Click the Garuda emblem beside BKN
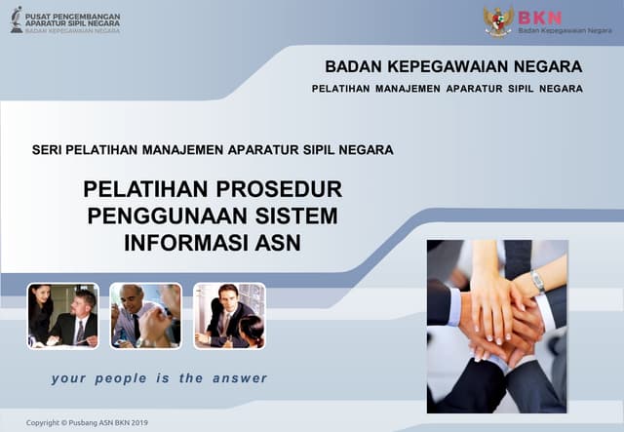click(x=498, y=20)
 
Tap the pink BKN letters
click(x=539, y=17)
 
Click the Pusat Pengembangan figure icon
click(x=17, y=20)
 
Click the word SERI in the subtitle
click(x=48, y=151)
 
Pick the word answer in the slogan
click(x=237, y=378)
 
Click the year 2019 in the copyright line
click(x=134, y=422)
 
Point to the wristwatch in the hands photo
click(x=537, y=282)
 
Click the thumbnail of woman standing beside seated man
click(x=62, y=315)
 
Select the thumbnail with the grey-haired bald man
click(x=145, y=315)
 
